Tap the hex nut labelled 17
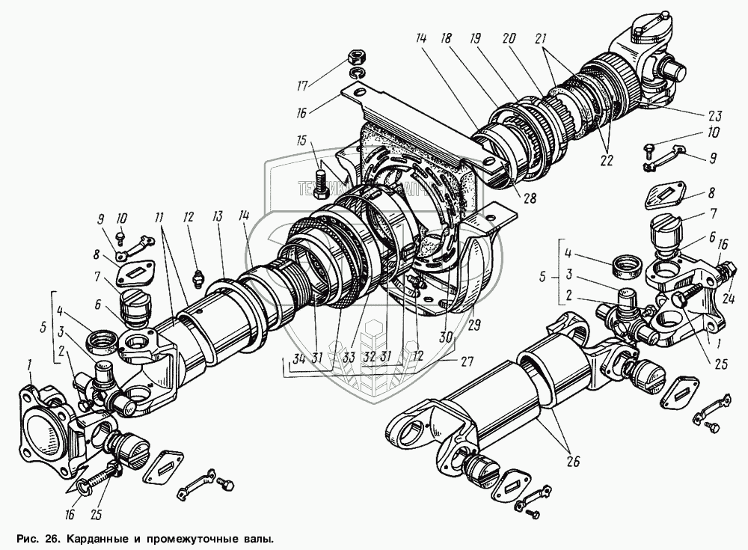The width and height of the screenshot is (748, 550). click(355, 57)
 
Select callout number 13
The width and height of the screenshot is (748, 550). click(218, 216)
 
